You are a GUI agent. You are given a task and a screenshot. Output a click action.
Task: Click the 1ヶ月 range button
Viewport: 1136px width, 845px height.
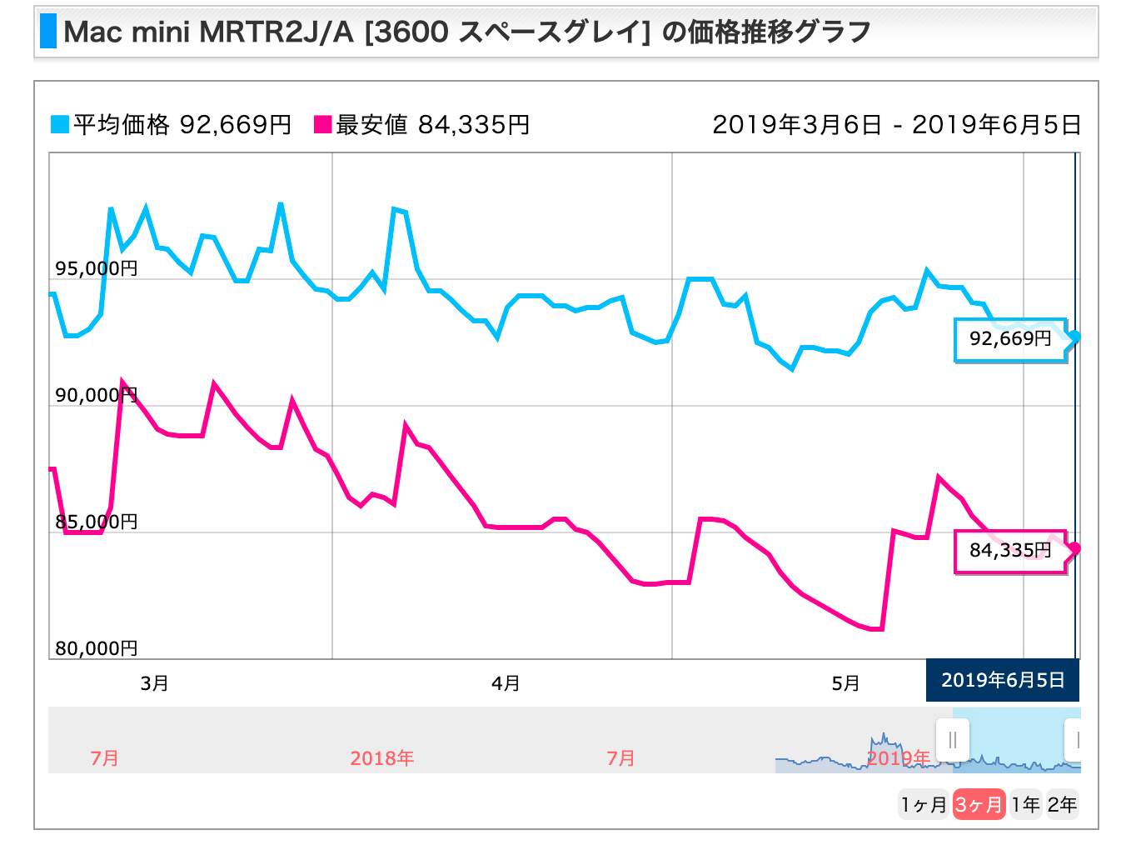924,804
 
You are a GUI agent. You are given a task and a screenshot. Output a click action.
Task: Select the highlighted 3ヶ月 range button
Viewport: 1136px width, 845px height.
979,804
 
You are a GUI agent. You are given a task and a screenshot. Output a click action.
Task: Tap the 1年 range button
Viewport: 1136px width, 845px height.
1026,804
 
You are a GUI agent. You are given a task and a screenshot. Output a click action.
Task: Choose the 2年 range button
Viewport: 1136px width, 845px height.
1062,804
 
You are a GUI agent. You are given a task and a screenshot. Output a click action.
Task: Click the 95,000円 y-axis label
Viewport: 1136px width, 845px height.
97,268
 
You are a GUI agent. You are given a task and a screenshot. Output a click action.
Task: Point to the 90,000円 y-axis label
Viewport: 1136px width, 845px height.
97,395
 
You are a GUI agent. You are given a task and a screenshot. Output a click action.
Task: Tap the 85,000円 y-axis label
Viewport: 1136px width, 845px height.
97,522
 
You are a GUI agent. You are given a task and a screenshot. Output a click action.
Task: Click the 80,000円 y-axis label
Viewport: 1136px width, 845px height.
97,648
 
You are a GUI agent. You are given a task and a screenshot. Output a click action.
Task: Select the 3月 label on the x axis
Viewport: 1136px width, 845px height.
154,683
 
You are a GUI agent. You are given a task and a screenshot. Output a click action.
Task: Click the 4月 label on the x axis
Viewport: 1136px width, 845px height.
506,683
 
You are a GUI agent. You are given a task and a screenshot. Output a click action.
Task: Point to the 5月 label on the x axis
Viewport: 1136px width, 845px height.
845,683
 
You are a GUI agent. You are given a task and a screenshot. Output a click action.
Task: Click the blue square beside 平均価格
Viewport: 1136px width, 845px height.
60,125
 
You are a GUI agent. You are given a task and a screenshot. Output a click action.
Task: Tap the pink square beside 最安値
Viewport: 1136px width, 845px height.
322,125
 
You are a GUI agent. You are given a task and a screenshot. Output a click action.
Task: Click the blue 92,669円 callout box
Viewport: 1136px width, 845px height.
1009,339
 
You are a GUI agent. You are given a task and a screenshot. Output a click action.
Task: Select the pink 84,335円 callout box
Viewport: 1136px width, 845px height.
1009,551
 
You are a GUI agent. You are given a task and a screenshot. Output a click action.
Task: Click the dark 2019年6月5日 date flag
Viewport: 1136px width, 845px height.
1003,680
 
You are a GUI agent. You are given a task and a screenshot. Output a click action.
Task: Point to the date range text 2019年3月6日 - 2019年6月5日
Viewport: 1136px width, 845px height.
896,125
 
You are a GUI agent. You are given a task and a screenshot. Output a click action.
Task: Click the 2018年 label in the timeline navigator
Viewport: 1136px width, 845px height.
381,758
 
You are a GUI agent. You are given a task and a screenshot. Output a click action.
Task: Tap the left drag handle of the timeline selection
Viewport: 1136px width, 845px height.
952,739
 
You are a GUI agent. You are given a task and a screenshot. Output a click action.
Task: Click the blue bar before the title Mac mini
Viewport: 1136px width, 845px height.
48,32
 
